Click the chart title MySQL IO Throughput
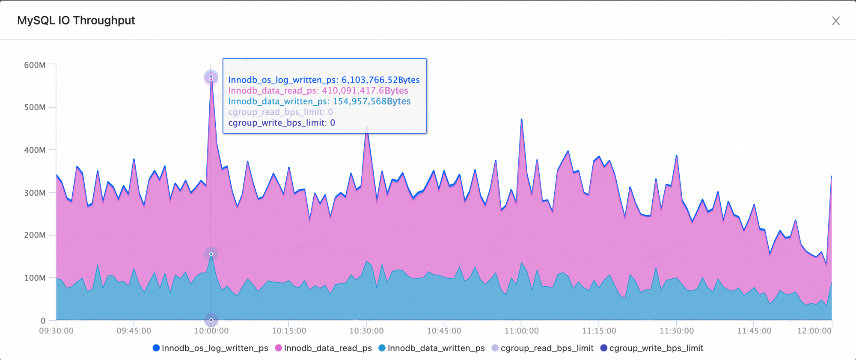(76, 21)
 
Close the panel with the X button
(835, 21)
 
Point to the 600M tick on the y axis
(35, 65)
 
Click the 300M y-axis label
(35, 193)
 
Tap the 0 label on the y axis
(43, 321)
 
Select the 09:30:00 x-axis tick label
(56, 331)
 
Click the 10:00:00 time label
(211, 331)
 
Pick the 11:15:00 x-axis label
(599, 331)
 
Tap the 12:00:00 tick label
(814, 331)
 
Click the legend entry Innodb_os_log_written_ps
(211, 348)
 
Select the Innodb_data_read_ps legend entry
(324, 348)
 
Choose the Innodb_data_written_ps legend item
(432, 348)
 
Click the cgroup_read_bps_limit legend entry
(543, 348)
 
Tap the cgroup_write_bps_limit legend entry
(652, 348)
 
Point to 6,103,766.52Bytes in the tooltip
(380, 80)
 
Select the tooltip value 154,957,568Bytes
(372, 101)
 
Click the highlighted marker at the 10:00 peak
(211, 77)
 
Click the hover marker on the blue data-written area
(211, 254)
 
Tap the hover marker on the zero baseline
(211, 320)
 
